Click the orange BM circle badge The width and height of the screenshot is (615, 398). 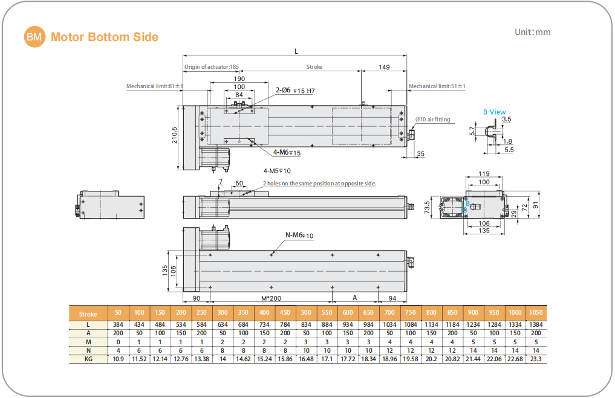pyautogui.click(x=34, y=37)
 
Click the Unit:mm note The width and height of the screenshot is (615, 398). pyautogui.click(x=532, y=33)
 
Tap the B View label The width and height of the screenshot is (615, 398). pyautogui.click(x=494, y=112)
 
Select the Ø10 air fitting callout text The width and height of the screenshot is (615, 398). pyautogui.click(x=433, y=120)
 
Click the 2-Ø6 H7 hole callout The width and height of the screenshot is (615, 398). pyautogui.click(x=296, y=91)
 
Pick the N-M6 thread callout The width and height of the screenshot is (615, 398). pyautogui.click(x=299, y=235)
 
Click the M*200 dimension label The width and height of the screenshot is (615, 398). pyautogui.click(x=270, y=298)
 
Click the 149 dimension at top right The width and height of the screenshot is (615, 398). pyautogui.click(x=383, y=67)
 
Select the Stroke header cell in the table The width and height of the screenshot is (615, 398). pyautogui.click(x=88, y=313)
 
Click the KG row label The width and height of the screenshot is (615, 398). pyautogui.click(x=88, y=358)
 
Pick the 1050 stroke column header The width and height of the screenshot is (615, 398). pyautogui.click(x=536, y=313)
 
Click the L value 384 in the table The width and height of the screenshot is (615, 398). pyautogui.click(x=118, y=324)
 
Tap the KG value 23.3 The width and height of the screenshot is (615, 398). pyautogui.click(x=536, y=358)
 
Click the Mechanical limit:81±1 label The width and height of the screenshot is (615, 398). pyautogui.click(x=154, y=86)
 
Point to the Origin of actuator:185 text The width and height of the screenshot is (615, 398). pyautogui.click(x=212, y=67)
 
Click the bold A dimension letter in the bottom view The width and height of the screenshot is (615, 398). pyautogui.click(x=355, y=298)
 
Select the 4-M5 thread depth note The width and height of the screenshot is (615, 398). pyautogui.click(x=277, y=171)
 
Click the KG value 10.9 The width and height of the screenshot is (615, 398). pyautogui.click(x=118, y=358)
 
